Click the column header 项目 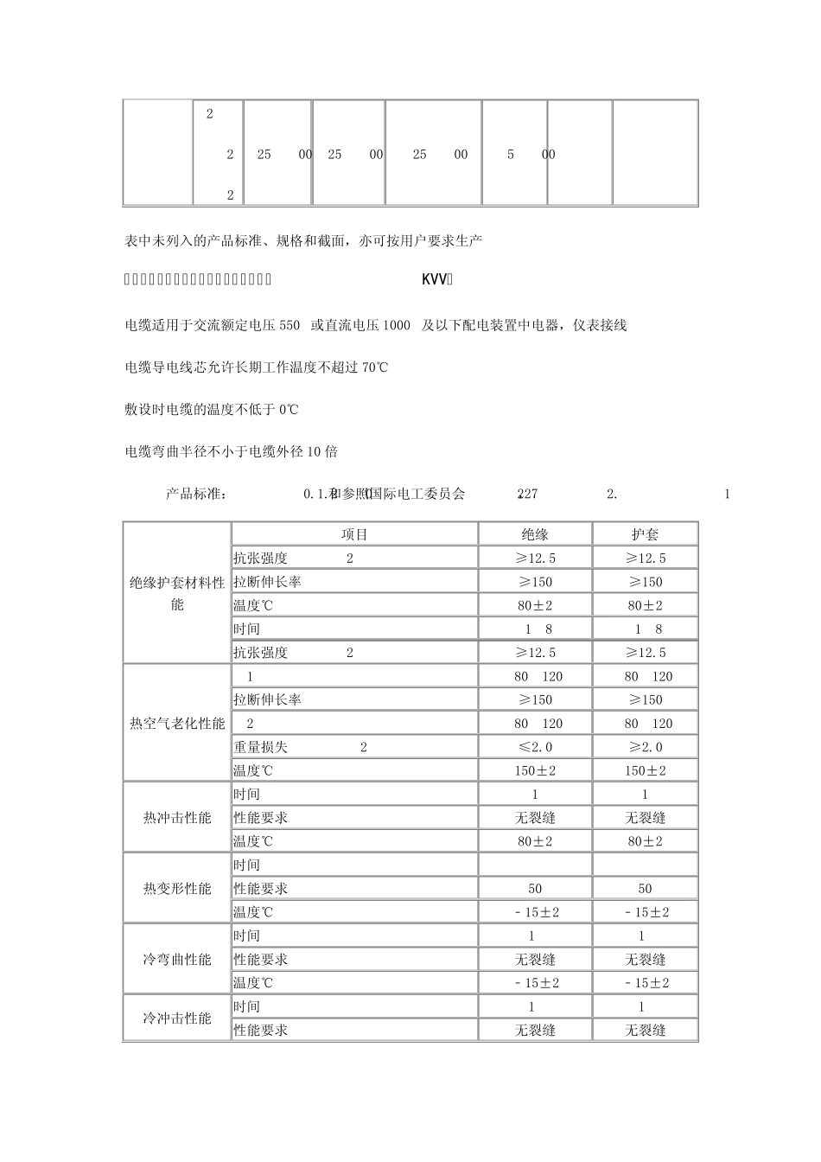(354, 534)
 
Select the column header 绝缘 (535, 534)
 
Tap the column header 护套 (645, 534)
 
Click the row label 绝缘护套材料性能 (177, 593)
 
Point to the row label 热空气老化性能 (177, 724)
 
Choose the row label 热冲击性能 (177, 817)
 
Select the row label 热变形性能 (177, 888)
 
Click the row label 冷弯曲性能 (177, 959)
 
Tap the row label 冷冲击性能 (177, 1018)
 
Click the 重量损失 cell (260, 747)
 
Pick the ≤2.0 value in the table (535, 747)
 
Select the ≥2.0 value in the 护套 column (645, 747)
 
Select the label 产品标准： (196, 494)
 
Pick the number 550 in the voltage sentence (290, 325)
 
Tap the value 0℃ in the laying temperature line (289, 409)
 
